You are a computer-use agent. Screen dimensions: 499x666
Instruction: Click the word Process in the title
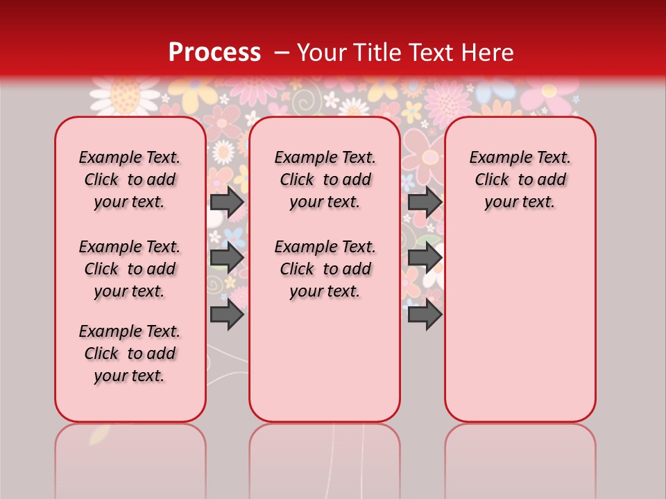tap(214, 53)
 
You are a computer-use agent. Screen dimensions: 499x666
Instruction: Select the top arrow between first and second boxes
tap(227, 202)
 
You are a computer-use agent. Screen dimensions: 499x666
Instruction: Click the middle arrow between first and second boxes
tap(227, 258)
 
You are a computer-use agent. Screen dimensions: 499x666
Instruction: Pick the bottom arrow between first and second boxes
tap(227, 314)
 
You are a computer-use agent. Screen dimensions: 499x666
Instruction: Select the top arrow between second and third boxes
tap(425, 202)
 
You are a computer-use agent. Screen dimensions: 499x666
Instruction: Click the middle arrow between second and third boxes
tap(425, 258)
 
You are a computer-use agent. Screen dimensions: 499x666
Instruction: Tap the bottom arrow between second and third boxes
tap(425, 314)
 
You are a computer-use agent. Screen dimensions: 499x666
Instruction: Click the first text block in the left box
tap(130, 180)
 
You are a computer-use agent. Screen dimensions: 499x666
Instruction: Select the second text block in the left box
tap(130, 269)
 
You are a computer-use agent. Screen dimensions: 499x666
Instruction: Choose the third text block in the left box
tap(130, 353)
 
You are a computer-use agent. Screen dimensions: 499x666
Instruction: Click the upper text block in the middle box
tap(325, 180)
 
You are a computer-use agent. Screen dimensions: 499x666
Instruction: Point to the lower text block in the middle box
tap(325, 269)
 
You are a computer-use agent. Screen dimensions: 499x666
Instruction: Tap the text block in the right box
tap(520, 180)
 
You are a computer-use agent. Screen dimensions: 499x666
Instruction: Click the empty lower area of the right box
tap(520, 326)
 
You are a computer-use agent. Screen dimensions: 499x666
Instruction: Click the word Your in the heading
tap(324, 53)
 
